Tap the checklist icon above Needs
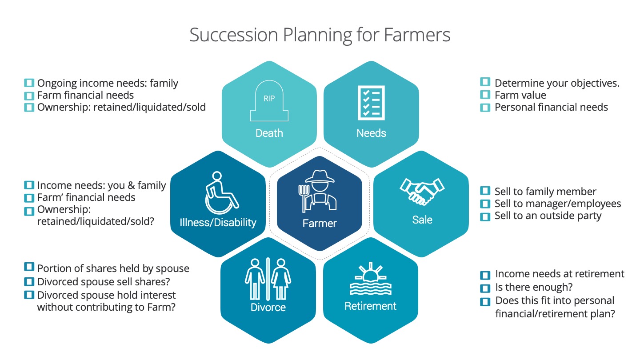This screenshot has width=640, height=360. tap(371, 103)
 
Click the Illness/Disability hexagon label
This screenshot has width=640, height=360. tap(218, 222)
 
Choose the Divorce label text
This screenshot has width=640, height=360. tap(268, 307)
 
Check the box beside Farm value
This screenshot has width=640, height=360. tap(485, 95)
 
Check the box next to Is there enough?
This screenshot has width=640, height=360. tap(485, 288)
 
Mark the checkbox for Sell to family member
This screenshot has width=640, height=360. tap(485, 192)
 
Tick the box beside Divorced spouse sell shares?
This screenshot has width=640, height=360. tap(29, 282)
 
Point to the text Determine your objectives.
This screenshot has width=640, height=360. tap(557, 83)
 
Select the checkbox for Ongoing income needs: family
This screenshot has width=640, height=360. tap(29, 83)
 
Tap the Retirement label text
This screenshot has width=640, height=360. tap(370, 306)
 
